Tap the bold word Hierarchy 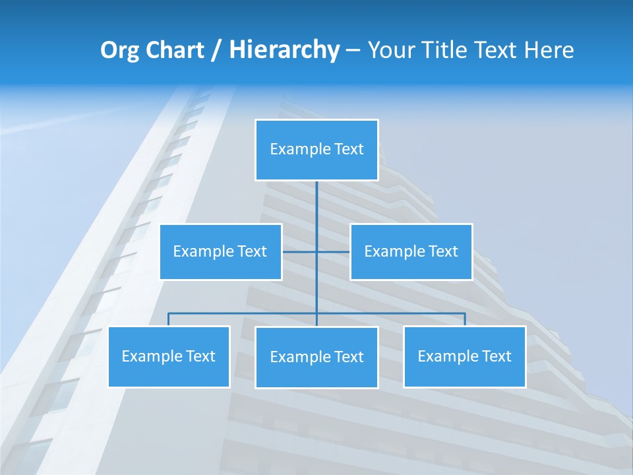pyautogui.click(x=284, y=50)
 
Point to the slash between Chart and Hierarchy pyautogui.click(x=216, y=50)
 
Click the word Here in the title pyautogui.click(x=549, y=50)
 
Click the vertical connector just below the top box pyautogui.click(x=316, y=205)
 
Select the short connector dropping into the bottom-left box pyautogui.click(x=169, y=319)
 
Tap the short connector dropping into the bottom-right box pyautogui.click(x=465, y=319)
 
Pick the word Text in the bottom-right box pyautogui.click(x=496, y=356)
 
